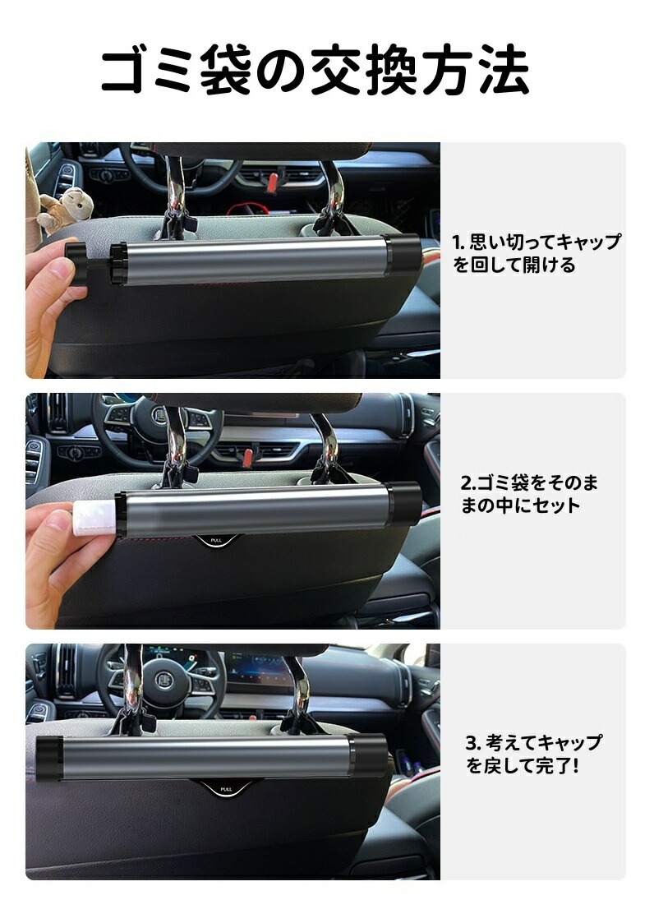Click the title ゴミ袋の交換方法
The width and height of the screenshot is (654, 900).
pyautogui.click(x=315, y=71)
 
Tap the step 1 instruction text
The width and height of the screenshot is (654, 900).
pyautogui.click(x=537, y=253)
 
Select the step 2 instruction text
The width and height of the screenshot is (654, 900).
pyautogui.click(x=528, y=494)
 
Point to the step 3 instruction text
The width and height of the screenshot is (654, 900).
pyautogui.click(x=533, y=754)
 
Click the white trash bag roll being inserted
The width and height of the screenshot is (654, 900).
pyautogui.click(x=95, y=515)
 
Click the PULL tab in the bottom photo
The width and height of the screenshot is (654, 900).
pyautogui.click(x=225, y=789)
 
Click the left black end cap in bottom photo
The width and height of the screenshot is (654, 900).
pyautogui.click(x=48, y=758)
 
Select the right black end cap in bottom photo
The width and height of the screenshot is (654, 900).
pyautogui.click(x=368, y=756)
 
